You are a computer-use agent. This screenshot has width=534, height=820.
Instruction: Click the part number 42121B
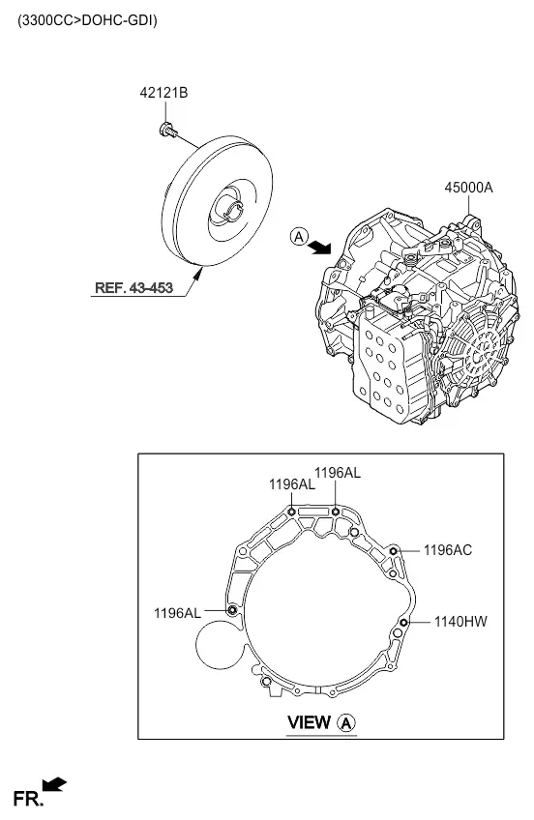[163, 93]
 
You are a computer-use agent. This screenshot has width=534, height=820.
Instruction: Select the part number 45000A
[468, 188]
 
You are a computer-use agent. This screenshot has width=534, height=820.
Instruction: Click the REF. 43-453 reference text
[133, 287]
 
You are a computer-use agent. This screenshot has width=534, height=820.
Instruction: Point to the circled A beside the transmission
[299, 237]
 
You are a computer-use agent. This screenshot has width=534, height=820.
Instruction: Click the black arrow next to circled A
[319, 248]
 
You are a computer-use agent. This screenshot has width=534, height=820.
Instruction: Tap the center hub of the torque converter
[233, 209]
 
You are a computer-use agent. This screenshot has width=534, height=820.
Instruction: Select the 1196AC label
[448, 550]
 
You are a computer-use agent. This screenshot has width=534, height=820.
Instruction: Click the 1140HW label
[460, 621]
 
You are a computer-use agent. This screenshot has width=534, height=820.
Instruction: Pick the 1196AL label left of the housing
[177, 613]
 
